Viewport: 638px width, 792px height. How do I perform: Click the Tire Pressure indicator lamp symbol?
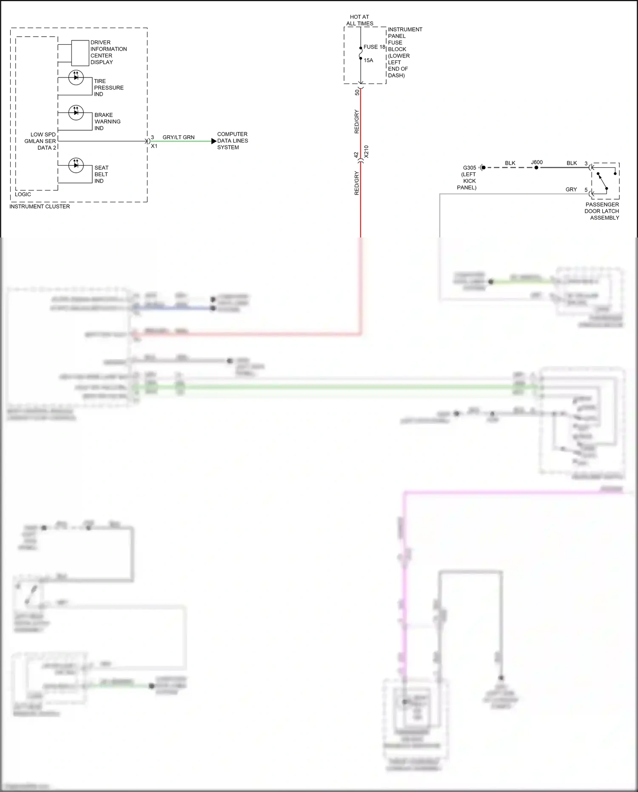click(x=76, y=77)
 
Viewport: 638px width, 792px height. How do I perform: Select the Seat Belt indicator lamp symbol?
click(x=76, y=165)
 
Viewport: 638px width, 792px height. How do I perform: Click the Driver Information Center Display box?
click(x=80, y=53)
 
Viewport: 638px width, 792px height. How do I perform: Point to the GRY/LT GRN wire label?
click(x=179, y=137)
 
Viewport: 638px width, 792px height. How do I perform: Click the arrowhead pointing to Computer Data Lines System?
click(x=214, y=141)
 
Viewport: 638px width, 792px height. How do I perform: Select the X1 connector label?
click(x=154, y=146)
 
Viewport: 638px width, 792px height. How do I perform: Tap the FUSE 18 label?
click(x=374, y=47)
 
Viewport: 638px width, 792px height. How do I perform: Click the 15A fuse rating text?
click(x=368, y=60)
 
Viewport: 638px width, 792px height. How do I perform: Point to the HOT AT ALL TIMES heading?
click(x=360, y=20)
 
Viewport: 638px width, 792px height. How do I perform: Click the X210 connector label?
click(x=366, y=152)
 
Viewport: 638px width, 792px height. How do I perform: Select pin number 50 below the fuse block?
click(x=357, y=92)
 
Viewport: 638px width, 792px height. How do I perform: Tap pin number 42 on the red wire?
click(x=356, y=155)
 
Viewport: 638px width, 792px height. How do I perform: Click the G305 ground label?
click(x=470, y=168)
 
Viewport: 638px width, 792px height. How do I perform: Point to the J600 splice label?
click(x=537, y=162)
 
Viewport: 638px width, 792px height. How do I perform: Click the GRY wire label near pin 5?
click(x=571, y=189)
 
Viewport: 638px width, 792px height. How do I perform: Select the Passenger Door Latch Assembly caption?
click(x=602, y=211)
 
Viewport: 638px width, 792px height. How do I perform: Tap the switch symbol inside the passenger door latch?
click(x=602, y=181)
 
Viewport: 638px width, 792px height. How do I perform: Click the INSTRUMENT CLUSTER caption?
click(x=40, y=206)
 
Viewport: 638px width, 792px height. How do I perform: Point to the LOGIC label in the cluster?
click(x=23, y=194)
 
